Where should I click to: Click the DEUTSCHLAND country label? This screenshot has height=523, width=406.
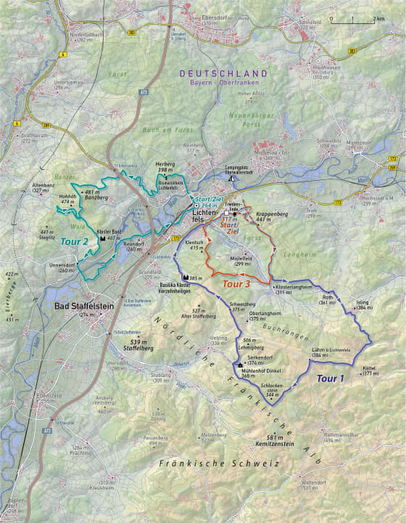224,74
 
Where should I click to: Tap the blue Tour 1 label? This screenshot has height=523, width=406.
330,378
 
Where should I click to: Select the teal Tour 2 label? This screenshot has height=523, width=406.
75,241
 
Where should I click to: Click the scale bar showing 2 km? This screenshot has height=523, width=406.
356,19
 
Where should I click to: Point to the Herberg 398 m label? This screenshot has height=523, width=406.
166,168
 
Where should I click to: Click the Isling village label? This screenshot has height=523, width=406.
362,304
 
